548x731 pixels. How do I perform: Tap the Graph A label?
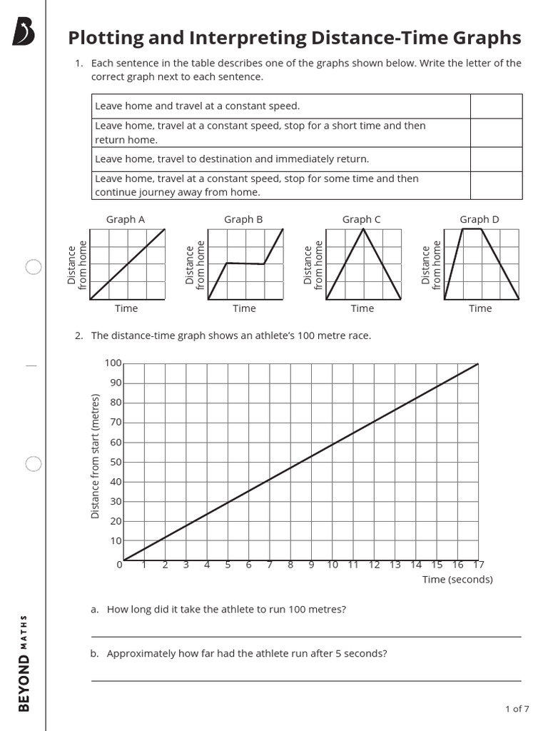[x=126, y=219]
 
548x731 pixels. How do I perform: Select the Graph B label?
[x=243, y=219]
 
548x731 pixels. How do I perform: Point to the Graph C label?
[x=361, y=219]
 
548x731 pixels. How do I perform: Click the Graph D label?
[x=479, y=219]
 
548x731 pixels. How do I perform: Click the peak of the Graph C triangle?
[x=363, y=229]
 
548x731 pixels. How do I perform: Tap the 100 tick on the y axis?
[x=113, y=363]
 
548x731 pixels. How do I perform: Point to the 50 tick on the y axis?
[x=116, y=462]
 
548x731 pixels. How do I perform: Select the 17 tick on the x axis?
[x=478, y=565]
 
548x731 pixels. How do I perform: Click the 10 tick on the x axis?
[x=332, y=565]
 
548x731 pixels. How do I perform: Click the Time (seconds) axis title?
[x=457, y=579]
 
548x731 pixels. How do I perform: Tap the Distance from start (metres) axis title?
[x=95, y=455]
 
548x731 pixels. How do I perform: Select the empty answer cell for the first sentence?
[x=496, y=106]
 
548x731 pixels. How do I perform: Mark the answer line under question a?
[x=305, y=635]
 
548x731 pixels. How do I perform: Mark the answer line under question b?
[x=305, y=680]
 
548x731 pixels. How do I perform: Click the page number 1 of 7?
[x=517, y=709]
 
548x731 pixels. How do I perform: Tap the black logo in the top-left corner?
[x=24, y=32]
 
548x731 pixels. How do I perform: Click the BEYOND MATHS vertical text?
[x=24, y=662]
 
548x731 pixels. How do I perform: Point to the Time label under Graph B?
[x=243, y=308]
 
